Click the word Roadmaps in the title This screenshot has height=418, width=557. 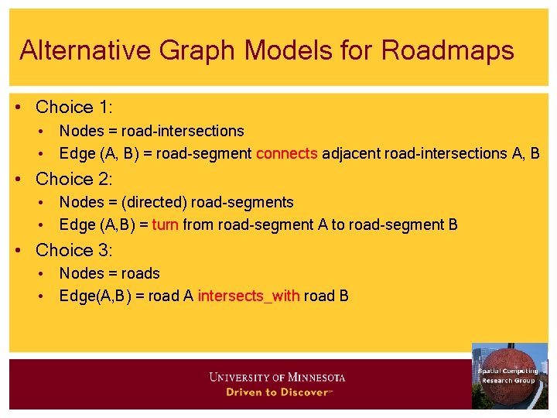click(447, 50)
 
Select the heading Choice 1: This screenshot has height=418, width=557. click(74, 107)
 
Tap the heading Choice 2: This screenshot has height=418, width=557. click(74, 179)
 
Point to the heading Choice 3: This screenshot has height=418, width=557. click(74, 250)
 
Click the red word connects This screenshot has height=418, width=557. click(287, 153)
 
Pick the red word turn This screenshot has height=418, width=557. click(166, 224)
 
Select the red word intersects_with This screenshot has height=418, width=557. click(248, 296)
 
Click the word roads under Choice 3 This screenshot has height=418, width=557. click(141, 273)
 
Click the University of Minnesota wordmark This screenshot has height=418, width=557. click(277, 378)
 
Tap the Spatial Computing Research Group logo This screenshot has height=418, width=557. click(509, 375)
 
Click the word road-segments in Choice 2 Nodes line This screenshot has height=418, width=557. click(242, 203)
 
